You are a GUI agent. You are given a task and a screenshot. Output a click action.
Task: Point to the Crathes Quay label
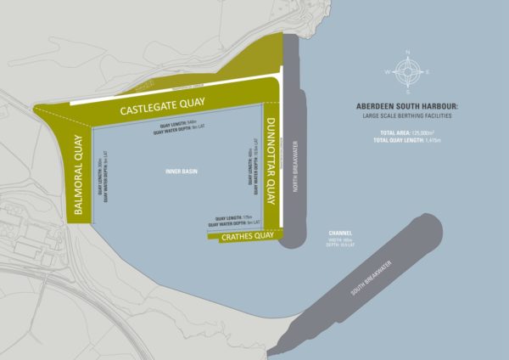(x=245, y=239)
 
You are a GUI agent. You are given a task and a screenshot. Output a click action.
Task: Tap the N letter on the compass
(x=408, y=53)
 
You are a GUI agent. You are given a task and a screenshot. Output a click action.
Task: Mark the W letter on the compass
(x=389, y=71)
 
